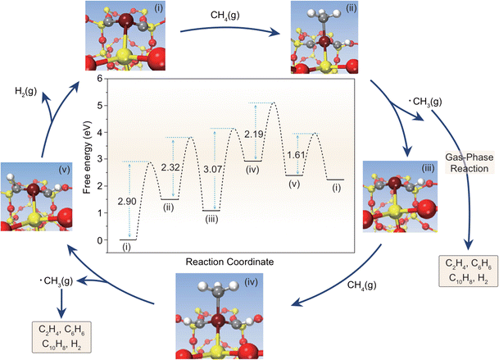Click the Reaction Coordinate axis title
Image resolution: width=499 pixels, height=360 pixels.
[232, 262]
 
